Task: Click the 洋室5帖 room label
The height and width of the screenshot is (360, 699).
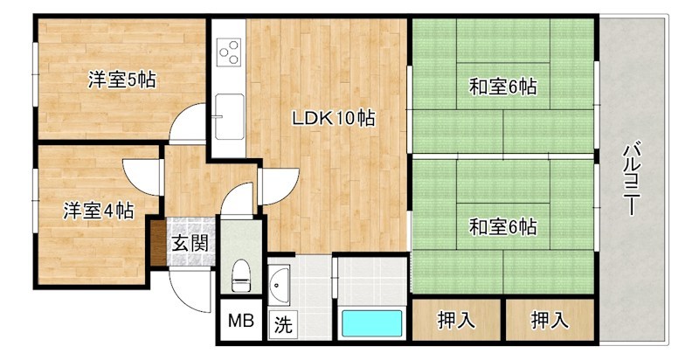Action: pos(121,80)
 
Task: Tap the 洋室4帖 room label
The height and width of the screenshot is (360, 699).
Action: pos(98,210)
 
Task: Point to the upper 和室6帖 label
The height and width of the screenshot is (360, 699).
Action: pos(502,87)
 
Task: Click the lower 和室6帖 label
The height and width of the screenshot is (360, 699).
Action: pos(502,227)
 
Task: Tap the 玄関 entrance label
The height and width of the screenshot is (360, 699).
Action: pos(189,242)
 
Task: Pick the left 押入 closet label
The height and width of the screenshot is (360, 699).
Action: pos(456,321)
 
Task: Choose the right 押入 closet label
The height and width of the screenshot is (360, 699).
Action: pos(550,321)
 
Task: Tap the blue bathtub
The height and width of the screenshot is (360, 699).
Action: pos(371,323)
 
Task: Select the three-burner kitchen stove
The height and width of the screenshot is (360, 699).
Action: pos(230,52)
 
